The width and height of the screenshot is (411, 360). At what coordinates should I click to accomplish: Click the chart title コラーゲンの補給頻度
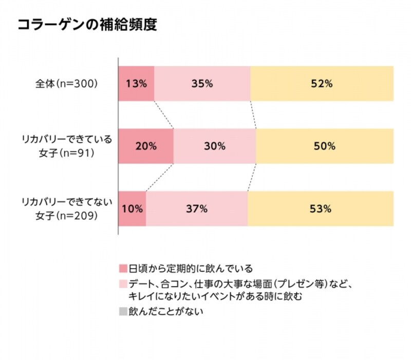tap(87, 25)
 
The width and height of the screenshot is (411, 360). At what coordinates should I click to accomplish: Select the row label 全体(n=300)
tap(64, 84)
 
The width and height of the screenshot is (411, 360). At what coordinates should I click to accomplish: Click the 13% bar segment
tap(136, 83)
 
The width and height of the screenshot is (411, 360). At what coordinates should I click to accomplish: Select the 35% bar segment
tap(202, 83)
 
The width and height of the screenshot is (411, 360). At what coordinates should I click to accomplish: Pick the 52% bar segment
tap(322, 83)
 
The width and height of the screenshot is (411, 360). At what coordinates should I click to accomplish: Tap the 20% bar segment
tap(146, 146)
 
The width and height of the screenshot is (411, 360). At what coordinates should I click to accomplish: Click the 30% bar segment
tap(215, 146)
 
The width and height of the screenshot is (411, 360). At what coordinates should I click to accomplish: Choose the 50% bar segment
tap(325, 146)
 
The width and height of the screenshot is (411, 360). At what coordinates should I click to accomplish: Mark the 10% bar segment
tap(133, 209)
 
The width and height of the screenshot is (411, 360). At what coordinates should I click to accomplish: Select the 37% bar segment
tap(197, 209)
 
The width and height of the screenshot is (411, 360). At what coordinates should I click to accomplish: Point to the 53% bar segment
tap(321, 209)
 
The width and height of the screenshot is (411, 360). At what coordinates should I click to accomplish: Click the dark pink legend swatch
tap(123, 269)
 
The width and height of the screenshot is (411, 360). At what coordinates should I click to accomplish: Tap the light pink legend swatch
tap(123, 283)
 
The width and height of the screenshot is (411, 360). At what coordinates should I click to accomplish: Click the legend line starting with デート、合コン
tap(239, 283)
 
